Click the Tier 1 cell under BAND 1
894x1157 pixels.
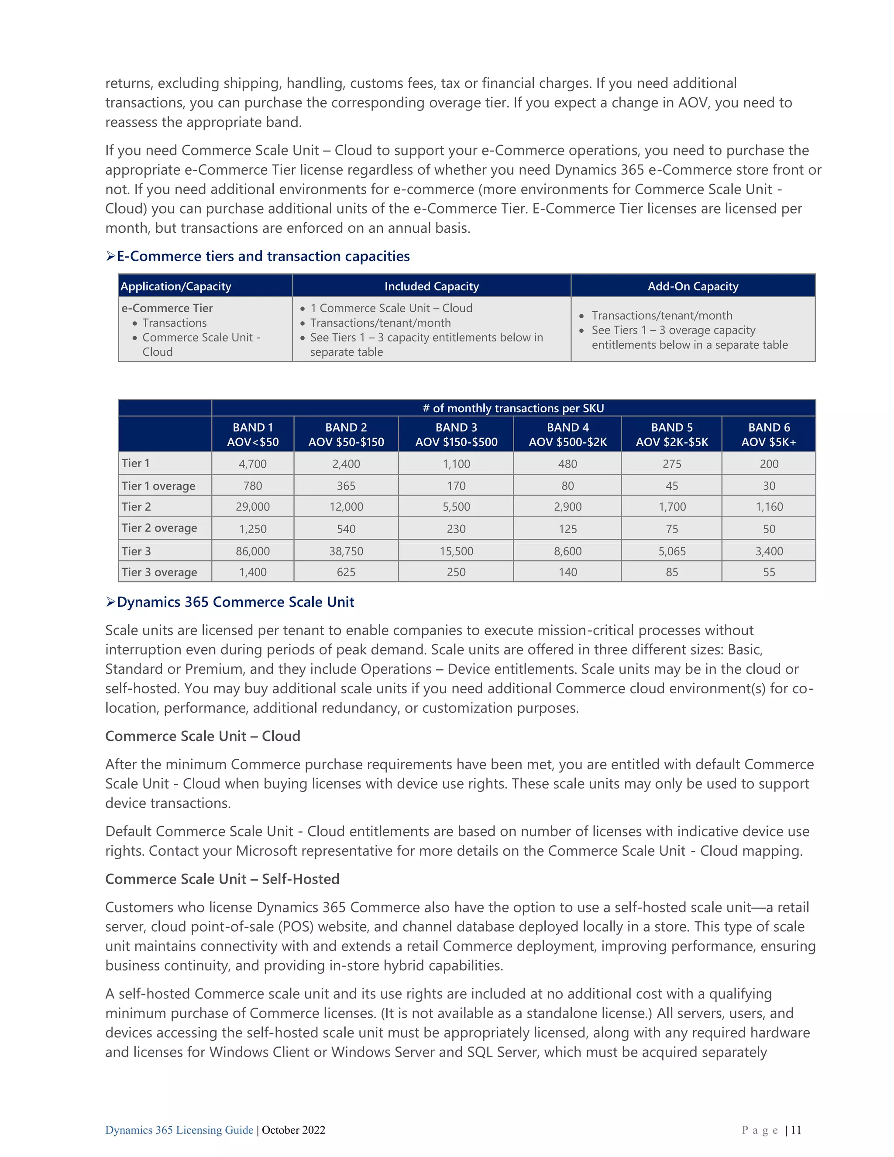pos(253,464)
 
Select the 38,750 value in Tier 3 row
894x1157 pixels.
pos(346,551)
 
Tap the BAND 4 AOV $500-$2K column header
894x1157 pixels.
pos(567,434)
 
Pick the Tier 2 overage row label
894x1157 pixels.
pos(159,528)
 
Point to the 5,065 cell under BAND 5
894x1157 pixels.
pos(671,551)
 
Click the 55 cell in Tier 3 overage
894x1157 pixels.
pos(768,572)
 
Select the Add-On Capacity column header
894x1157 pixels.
pos(692,286)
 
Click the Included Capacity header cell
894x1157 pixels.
pos(431,286)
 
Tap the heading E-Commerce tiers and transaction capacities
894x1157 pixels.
pos(263,256)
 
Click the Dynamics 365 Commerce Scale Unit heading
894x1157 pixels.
pos(235,602)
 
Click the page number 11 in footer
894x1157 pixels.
pos(796,1130)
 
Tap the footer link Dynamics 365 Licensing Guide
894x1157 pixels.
pos(179,1130)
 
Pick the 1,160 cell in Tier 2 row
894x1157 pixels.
pos(768,506)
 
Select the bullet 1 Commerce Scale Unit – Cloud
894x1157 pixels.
pos(391,308)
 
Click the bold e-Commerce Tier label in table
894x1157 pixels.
pos(167,308)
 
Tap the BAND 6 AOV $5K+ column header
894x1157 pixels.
pos(768,434)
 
